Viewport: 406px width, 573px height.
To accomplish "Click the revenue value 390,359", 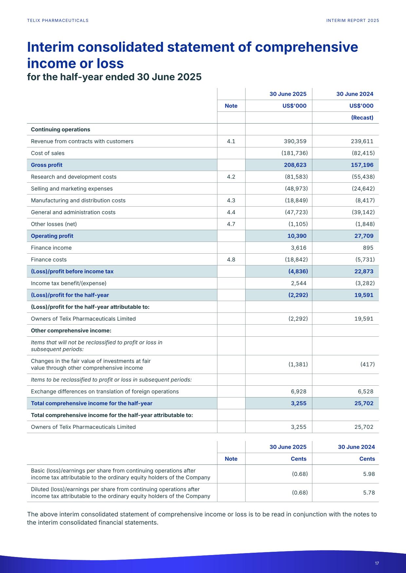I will [x=295, y=141].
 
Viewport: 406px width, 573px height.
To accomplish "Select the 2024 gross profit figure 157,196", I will [x=362, y=165].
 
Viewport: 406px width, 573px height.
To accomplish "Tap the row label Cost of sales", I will [x=47, y=153].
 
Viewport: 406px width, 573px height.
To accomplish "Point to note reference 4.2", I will [x=231, y=177].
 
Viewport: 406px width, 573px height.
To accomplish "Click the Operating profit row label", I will [x=52, y=236].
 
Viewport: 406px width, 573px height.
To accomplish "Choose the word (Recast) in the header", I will [x=362, y=117].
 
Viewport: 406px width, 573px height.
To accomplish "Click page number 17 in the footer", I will [x=377, y=563].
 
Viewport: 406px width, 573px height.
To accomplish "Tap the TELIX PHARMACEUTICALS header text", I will [x=58, y=21].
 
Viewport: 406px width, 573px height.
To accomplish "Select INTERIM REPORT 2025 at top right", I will [x=353, y=21].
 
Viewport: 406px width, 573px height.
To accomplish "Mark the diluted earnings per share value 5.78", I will [x=369, y=492].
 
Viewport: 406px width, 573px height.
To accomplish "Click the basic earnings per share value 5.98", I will [x=369, y=474].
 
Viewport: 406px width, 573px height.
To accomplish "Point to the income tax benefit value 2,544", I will [x=299, y=283].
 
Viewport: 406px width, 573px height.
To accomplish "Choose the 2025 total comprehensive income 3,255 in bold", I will [x=299, y=403].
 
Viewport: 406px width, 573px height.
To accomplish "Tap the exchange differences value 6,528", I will [x=364, y=391].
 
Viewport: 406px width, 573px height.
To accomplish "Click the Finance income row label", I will [x=51, y=247].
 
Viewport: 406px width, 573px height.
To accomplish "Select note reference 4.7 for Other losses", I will [x=231, y=224].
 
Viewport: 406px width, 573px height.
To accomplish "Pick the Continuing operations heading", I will [x=60, y=129].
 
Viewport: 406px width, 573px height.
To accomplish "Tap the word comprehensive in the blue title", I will [x=307, y=47].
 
